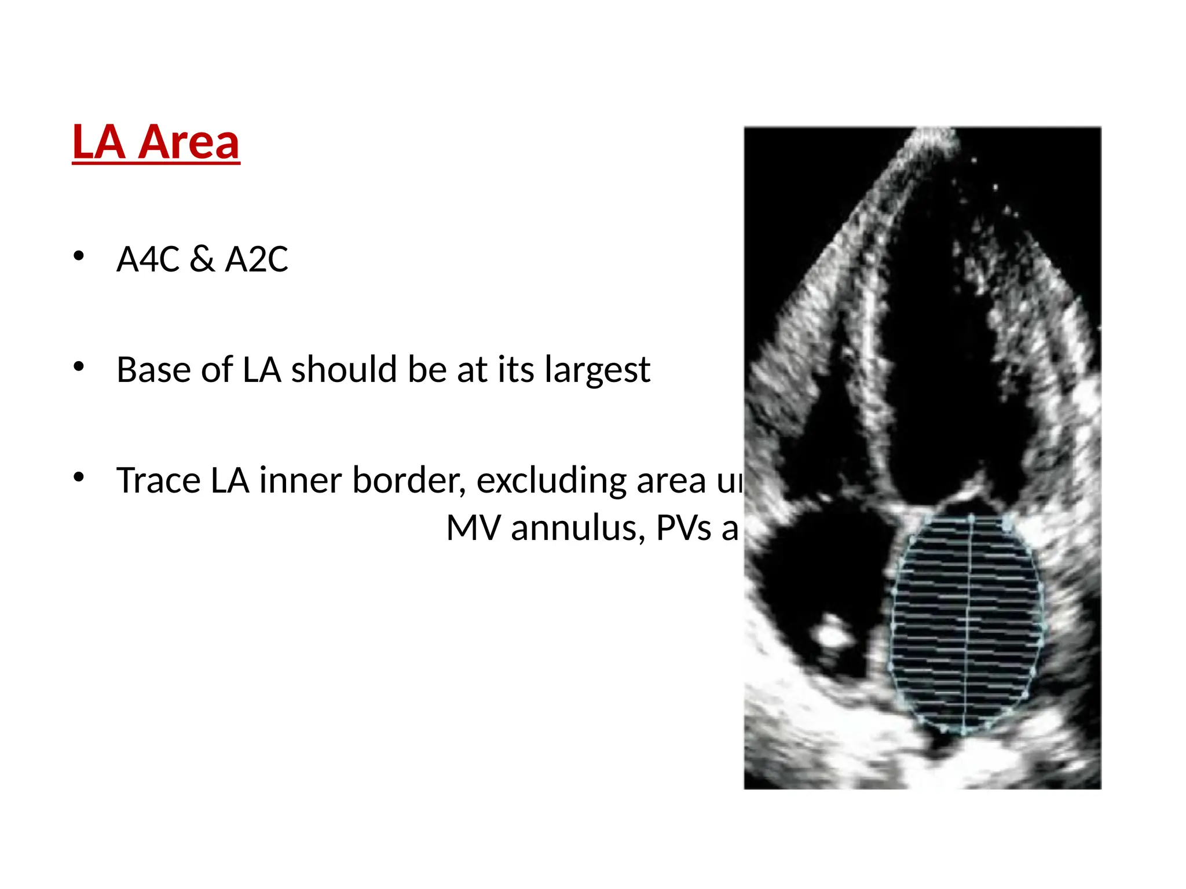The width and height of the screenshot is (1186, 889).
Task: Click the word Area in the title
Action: click(188, 142)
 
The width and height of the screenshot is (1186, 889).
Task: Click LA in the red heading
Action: click(98, 142)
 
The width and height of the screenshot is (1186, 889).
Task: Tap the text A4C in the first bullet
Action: click(148, 259)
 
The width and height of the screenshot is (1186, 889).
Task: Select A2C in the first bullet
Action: click(257, 259)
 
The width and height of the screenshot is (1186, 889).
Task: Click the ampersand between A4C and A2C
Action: click(202, 259)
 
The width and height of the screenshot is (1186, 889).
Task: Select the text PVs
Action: click(683, 528)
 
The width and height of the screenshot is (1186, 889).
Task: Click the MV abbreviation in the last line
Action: click(473, 528)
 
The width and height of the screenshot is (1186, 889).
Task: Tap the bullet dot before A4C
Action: click(79, 255)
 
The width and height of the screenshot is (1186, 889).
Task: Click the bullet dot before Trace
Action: click(79, 477)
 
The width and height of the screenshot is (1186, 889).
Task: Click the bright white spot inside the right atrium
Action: click(832, 634)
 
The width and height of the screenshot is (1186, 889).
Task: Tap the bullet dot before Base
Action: click(79, 366)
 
